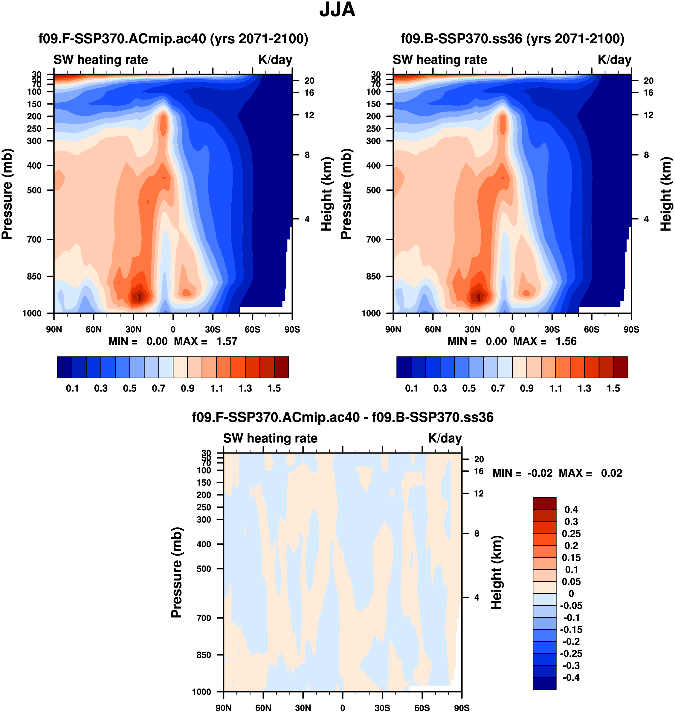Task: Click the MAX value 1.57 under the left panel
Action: coord(227,341)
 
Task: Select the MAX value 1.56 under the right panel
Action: coord(566,341)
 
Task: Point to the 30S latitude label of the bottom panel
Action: coord(382,708)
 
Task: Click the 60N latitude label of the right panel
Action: coord(433,329)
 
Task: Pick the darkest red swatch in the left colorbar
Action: coord(281,367)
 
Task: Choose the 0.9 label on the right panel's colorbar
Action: coord(527,389)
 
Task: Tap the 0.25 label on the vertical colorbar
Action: coord(571,533)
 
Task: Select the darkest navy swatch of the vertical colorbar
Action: coord(544,683)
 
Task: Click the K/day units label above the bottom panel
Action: coord(445,438)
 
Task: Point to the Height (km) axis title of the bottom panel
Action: coord(497,572)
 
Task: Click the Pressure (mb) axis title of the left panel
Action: coord(7,194)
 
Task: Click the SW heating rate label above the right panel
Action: coord(440,60)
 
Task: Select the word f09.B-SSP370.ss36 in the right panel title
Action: coord(461,39)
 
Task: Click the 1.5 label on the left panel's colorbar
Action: coord(274,389)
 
